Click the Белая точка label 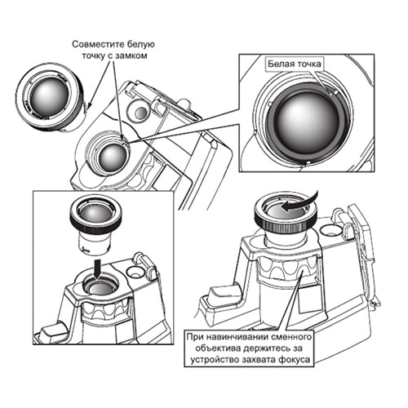295,64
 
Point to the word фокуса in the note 295,360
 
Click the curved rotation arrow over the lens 299,202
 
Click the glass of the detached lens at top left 49,96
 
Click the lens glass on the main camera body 112,157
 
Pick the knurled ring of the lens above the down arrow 95,222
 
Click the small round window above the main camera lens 141,112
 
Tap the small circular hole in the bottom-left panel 135,272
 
